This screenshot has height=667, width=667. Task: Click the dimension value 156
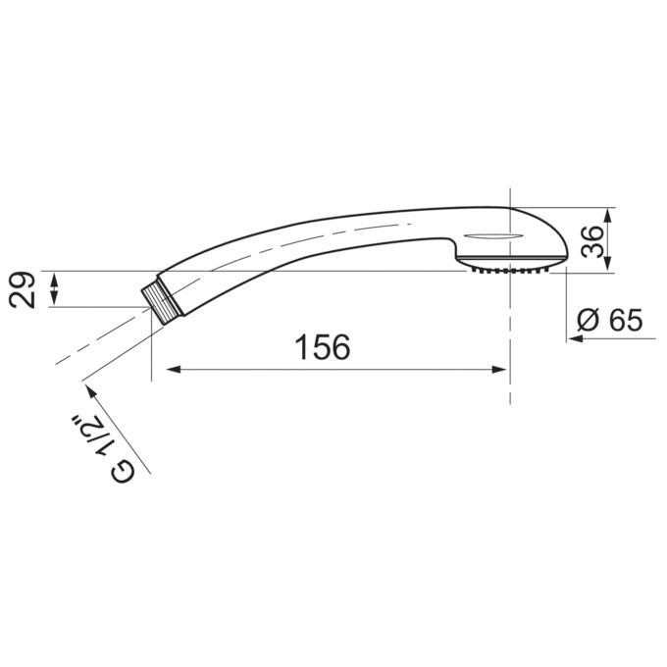pos(323,346)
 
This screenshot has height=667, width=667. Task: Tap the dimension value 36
pos(592,241)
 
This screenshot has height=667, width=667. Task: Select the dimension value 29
pos(23,289)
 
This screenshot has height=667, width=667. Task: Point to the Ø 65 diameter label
pos(609,321)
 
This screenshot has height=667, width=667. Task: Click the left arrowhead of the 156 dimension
pos(174,369)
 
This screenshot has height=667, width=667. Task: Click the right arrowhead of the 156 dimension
pos(498,369)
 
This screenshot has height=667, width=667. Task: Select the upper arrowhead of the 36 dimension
pos(607,216)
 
